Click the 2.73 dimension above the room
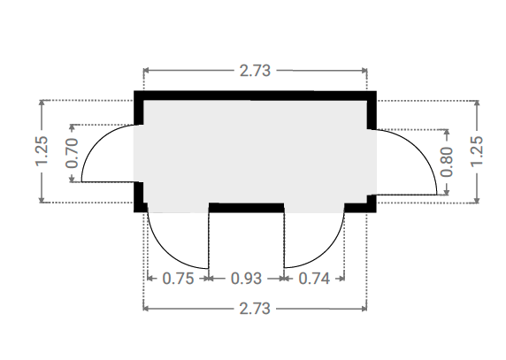click(255, 71)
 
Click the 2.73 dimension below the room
click(255, 309)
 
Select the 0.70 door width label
click(72, 153)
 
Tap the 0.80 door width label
click(447, 162)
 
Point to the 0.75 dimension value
click(178, 279)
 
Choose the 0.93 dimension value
click(246, 279)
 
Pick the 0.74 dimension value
click(314, 279)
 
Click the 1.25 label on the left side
click(42, 151)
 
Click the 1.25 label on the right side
click(477, 151)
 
